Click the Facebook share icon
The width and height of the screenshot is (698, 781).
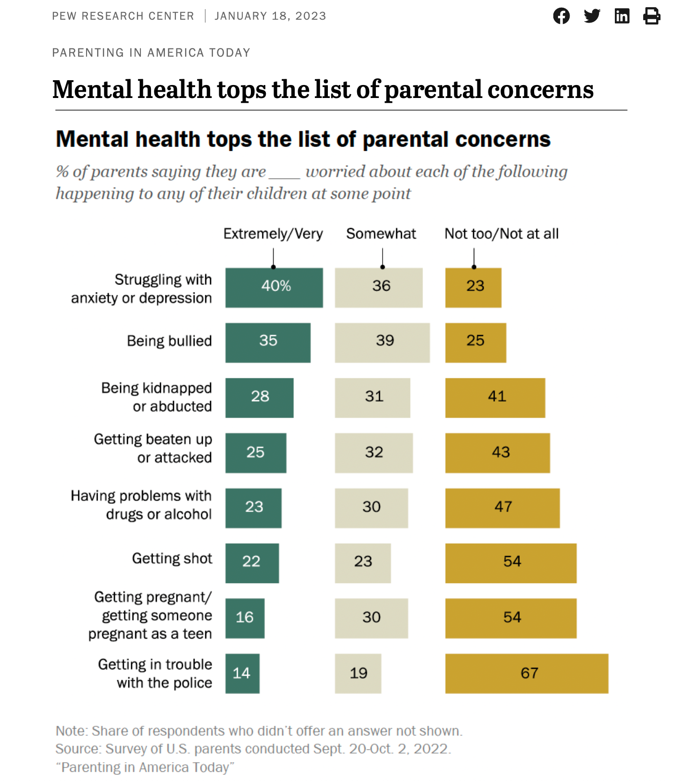(561, 16)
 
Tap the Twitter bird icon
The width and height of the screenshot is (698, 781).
(592, 16)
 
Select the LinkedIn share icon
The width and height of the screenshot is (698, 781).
(622, 16)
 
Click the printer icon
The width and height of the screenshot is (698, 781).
(651, 16)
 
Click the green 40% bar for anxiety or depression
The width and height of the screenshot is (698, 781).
(274, 287)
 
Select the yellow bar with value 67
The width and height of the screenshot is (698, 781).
(526, 673)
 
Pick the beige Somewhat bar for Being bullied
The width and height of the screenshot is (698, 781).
(382, 342)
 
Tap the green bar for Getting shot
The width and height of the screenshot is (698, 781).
(252, 563)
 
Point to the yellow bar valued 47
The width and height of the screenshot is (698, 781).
(502, 508)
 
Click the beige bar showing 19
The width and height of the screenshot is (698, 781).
(358, 673)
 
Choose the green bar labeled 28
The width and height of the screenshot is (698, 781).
(259, 397)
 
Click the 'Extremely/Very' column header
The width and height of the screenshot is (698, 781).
(273, 234)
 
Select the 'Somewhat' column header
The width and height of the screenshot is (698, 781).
(381, 234)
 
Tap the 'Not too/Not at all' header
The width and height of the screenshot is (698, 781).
(501, 234)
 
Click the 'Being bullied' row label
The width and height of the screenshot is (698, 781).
(169, 341)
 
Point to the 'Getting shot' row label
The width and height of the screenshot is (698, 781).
(172, 559)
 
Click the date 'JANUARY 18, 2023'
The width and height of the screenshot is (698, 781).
(270, 16)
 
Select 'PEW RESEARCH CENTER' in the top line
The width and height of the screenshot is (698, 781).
(123, 16)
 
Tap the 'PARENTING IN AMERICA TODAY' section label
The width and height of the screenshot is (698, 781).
(151, 53)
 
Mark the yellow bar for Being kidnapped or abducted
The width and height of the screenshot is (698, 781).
(495, 397)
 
